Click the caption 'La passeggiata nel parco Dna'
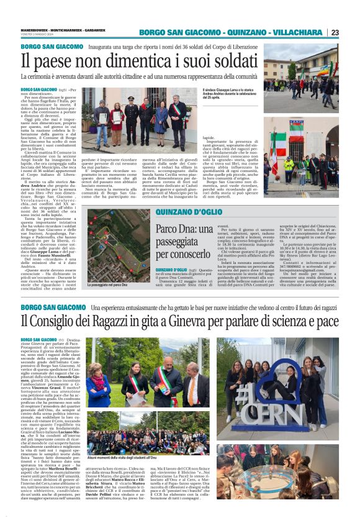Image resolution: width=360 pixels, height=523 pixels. click(x=110, y=283)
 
